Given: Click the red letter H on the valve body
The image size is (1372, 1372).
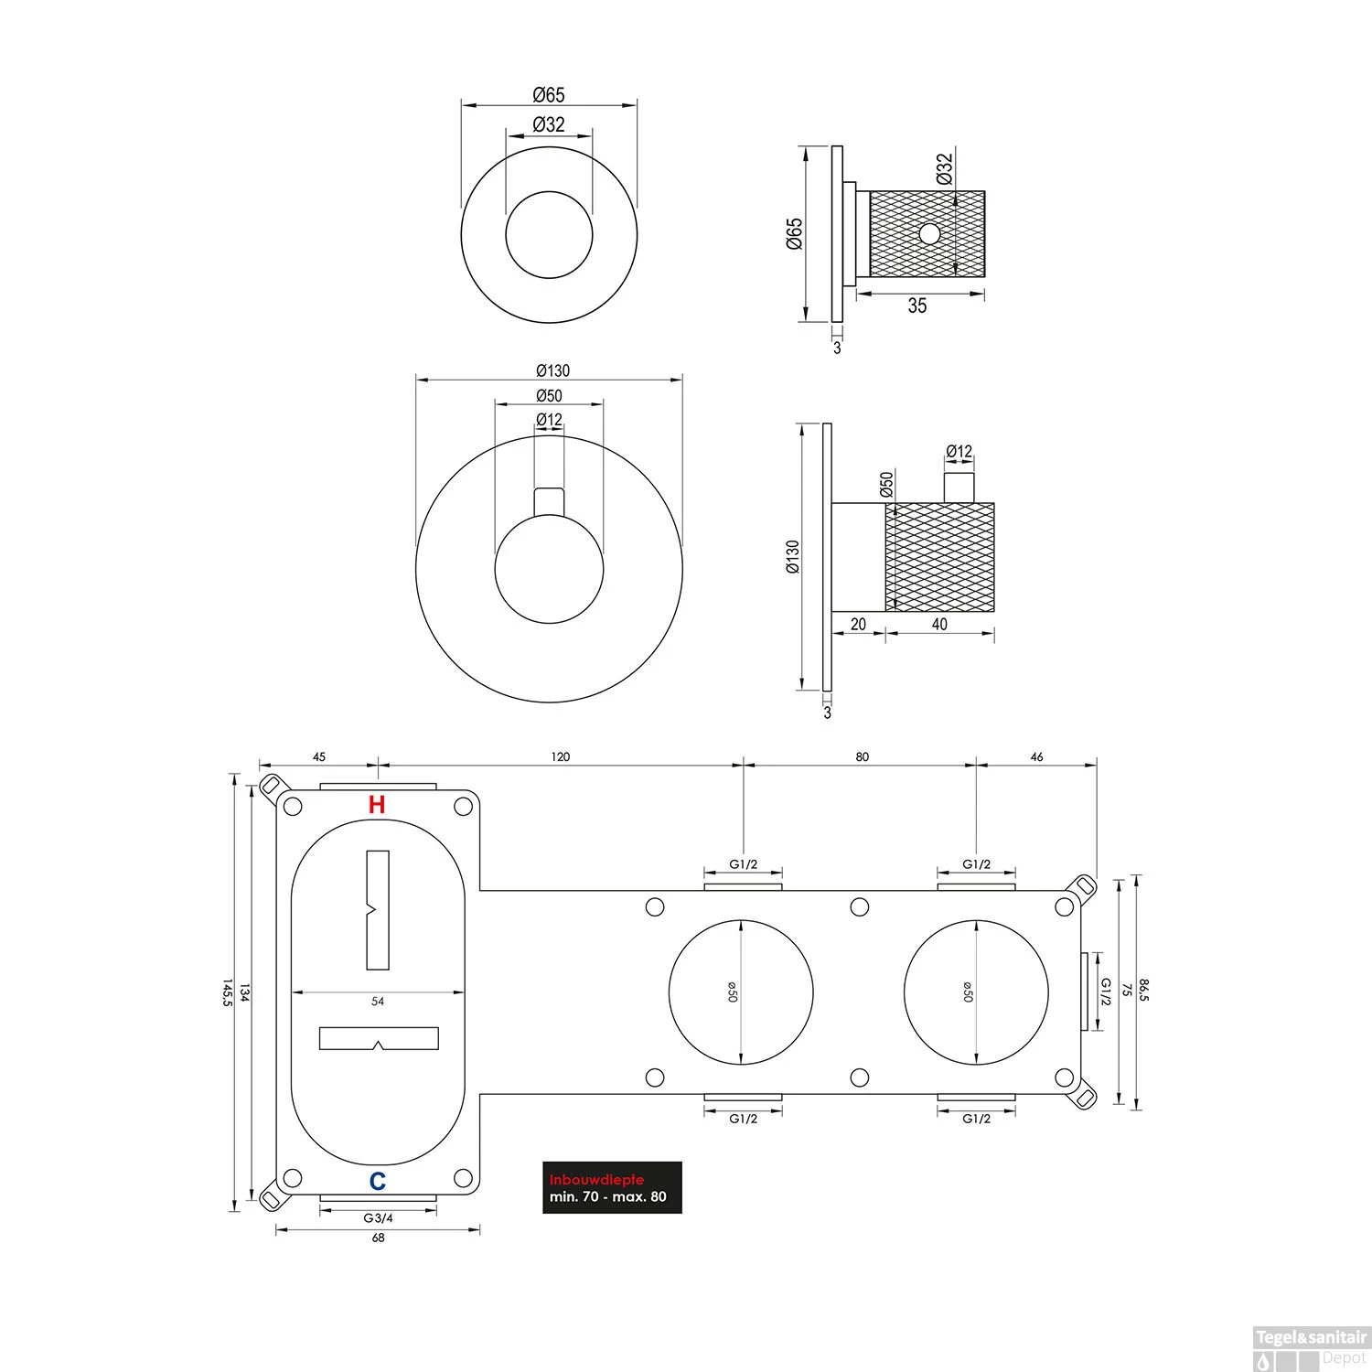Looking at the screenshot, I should tap(376, 805).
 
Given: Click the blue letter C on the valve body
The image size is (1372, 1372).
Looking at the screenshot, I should tap(377, 1181).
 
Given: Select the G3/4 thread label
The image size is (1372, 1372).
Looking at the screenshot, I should tap(378, 1217).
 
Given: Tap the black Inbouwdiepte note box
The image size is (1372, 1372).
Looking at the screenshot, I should tap(612, 1187).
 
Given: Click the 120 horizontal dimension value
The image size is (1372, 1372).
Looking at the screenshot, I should tap(560, 756).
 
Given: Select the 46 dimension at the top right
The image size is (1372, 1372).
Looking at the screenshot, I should tap(1036, 756).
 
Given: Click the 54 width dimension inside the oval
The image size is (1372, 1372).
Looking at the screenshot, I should tap(378, 1002).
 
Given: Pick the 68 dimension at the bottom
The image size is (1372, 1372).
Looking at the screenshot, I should tap(378, 1238).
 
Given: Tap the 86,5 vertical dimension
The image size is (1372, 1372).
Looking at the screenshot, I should tap(1143, 991).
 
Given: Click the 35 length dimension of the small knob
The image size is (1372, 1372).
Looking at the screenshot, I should tap(916, 306).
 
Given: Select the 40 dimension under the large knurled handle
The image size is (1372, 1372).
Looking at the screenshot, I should tap(939, 625).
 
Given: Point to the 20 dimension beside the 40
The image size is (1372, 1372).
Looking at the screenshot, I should tap(858, 625).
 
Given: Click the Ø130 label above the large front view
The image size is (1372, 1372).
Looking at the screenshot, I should tap(551, 370).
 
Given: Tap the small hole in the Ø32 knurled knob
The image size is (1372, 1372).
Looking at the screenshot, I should tap(929, 234).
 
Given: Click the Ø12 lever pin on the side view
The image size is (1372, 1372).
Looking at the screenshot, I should tap(959, 488).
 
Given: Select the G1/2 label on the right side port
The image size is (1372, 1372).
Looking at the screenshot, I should tap(1106, 991).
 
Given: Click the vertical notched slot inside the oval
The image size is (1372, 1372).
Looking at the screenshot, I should tap(378, 909).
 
